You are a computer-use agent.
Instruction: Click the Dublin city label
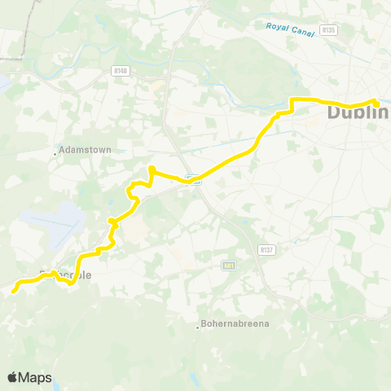click(x=359, y=112)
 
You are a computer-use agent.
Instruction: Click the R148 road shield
click(x=122, y=71)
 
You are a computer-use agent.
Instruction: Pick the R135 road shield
click(x=329, y=30)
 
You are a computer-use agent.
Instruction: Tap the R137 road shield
click(x=266, y=249)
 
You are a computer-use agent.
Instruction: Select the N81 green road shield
click(x=228, y=265)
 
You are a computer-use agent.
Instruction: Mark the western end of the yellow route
click(x=14, y=288)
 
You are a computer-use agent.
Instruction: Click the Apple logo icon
click(x=13, y=377)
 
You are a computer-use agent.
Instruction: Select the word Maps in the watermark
click(x=37, y=377)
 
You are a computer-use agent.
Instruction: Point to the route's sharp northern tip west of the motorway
click(x=151, y=169)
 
